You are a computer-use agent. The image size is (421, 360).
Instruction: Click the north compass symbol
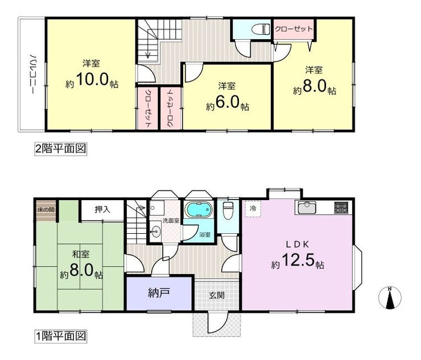[390, 297]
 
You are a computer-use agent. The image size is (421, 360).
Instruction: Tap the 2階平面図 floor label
[61, 148]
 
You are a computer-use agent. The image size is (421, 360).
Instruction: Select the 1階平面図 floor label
[61, 336]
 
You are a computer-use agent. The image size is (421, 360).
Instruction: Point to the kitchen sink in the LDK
[306, 208]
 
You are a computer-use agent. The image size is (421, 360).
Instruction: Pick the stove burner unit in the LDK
[341, 208]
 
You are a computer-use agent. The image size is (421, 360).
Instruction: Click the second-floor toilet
[261, 29]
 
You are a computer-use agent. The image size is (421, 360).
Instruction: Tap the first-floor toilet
[228, 211]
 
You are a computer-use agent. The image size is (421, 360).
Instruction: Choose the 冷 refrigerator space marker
[253, 208]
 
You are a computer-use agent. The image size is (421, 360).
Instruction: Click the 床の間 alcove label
[46, 210]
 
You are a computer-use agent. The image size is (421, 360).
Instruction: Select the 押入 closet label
[102, 210]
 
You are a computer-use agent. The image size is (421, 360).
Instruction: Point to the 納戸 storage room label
[159, 293]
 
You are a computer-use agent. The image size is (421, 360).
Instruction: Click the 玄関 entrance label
[217, 296]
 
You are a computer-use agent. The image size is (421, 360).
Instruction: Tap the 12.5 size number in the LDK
[298, 260]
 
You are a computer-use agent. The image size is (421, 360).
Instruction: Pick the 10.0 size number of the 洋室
[92, 79]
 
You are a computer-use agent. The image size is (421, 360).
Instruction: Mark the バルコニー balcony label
[32, 74]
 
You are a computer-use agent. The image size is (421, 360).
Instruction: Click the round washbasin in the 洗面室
[155, 230]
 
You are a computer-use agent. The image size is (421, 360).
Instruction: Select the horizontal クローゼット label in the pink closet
[294, 29]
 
